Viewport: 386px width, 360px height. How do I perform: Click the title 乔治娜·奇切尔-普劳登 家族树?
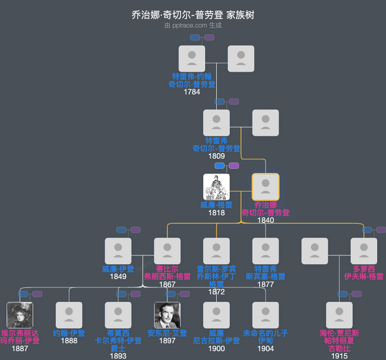(193, 15)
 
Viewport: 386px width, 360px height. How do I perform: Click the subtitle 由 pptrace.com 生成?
(193, 26)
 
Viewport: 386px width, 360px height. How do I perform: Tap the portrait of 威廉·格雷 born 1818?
(216, 187)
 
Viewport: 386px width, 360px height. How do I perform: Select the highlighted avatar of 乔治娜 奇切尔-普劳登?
(266, 187)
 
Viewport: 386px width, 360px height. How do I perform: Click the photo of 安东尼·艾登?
(167, 315)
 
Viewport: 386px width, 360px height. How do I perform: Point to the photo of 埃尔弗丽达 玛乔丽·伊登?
(20, 315)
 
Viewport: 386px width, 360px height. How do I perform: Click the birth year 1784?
(192, 92)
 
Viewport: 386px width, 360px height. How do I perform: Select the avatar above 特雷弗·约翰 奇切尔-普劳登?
(192, 59)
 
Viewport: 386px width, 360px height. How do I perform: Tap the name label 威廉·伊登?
(118, 269)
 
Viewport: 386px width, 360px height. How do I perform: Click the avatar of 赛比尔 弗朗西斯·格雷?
(167, 251)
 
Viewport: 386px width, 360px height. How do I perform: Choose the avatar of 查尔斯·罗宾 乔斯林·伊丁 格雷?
(216, 251)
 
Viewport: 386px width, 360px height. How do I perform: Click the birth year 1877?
(266, 284)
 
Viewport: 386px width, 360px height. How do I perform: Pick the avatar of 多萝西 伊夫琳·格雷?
(364, 251)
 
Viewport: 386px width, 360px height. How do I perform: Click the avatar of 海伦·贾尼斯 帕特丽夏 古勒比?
(339, 315)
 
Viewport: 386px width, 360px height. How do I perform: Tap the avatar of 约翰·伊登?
(69, 315)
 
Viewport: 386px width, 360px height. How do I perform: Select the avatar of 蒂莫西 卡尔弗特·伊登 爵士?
(118, 315)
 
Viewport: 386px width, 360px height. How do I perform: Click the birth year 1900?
(216, 348)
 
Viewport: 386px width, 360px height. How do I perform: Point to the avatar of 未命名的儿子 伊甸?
(266, 315)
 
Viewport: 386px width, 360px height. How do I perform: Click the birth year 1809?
(216, 156)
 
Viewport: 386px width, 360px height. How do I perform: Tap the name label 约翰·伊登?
(69, 333)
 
